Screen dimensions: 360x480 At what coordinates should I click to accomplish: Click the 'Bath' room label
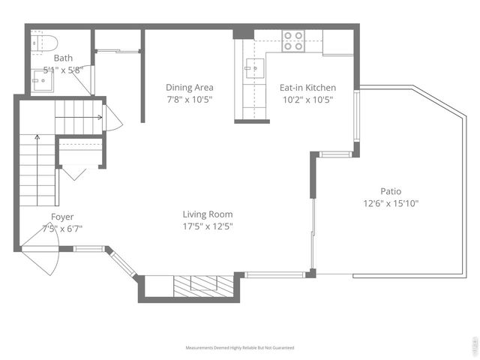click(63, 57)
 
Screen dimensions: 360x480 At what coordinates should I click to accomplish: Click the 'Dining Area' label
click(189, 88)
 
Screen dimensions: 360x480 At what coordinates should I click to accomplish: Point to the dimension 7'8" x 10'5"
click(189, 99)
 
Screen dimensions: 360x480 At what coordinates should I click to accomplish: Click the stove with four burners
click(292, 40)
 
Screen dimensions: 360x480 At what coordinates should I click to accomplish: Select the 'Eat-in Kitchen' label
click(307, 88)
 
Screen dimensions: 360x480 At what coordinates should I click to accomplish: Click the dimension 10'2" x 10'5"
click(307, 99)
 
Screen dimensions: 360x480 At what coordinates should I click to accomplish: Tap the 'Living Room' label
click(208, 214)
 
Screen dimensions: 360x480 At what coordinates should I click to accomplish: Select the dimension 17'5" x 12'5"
click(208, 226)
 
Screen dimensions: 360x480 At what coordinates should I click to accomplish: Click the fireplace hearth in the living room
click(196, 285)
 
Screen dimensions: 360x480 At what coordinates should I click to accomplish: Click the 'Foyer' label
click(61, 217)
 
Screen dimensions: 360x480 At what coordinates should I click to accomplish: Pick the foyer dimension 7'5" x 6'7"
click(61, 229)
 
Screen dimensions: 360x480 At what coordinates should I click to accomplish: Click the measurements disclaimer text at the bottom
click(240, 348)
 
